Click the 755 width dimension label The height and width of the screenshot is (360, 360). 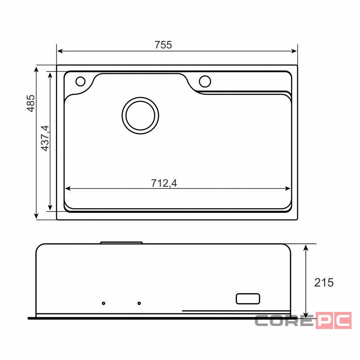(163, 45)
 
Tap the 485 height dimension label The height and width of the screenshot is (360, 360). (31, 103)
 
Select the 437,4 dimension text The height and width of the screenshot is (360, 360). (45, 138)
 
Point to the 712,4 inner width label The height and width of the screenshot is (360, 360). (164, 183)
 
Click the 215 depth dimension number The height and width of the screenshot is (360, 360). (324, 283)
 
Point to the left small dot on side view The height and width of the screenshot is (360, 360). (104, 303)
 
